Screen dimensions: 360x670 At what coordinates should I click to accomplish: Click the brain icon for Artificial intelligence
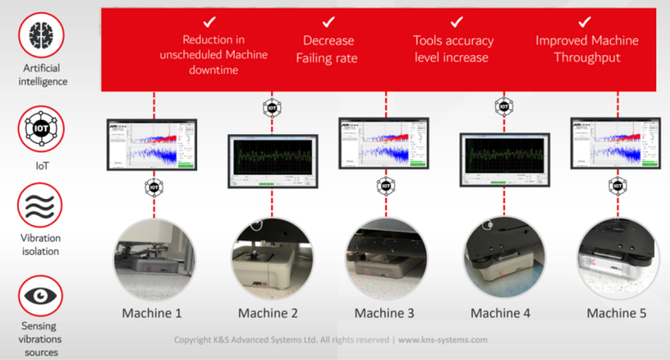coord(41,35)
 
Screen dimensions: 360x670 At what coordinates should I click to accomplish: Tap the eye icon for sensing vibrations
coord(41,296)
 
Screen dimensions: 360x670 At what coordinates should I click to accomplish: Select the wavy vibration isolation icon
coord(41,204)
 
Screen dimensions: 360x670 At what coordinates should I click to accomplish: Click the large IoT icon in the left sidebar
coord(41,129)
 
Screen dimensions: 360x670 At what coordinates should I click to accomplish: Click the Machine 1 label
coord(152,313)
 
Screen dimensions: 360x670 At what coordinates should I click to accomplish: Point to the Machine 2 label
coord(268,313)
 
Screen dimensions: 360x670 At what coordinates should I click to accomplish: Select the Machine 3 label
coord(384,313)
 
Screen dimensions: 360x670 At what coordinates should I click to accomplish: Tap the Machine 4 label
coord(501,313)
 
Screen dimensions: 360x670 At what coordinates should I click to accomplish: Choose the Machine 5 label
coord(616,313)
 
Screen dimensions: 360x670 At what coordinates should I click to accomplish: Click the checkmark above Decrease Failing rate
coord(328,22)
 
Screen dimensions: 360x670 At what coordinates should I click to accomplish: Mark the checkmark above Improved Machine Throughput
coord(586,22)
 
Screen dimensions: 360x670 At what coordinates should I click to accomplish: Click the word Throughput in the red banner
coord(586,58)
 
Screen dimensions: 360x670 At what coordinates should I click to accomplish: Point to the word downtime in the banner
coord(213,69)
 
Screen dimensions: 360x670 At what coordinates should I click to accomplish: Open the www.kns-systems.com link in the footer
coord(443,340)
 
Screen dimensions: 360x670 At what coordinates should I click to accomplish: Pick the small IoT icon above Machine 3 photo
coord(385,187)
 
